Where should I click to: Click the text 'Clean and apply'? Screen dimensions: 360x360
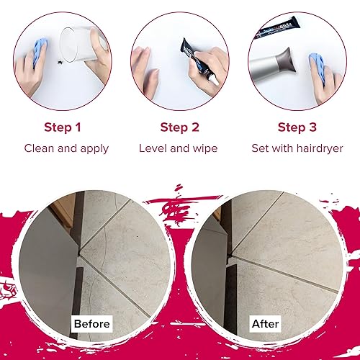tap(66, 148)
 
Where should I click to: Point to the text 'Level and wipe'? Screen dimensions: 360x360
tap(178, 148)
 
